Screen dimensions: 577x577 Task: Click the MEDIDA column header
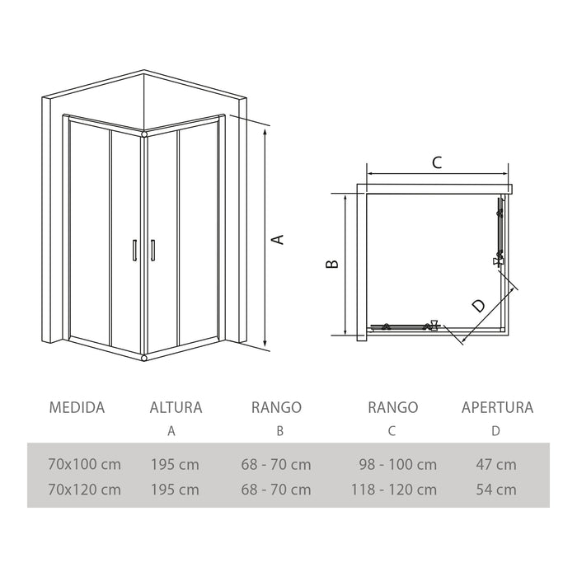coord(77,407)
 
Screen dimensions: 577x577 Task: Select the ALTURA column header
coord(176,407)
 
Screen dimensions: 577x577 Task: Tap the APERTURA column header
coord(498,407)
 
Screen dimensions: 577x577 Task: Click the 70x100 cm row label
coord(85,464)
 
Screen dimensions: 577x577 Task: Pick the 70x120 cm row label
coord(85,490)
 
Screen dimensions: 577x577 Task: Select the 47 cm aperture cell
coord(496,464)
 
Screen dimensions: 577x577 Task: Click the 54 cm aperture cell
coord(496,490)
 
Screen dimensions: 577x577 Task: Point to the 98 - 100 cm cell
coord(398,464)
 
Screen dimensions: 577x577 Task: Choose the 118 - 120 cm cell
coord(394,490)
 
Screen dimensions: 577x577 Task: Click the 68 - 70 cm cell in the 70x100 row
coord(276,464)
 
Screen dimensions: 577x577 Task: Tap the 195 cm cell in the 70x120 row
coord(175,490)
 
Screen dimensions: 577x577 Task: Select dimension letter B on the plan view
coord(332,264)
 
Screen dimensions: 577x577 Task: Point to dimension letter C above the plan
coord(437,162)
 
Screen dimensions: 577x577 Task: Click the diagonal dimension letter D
coord(478,306)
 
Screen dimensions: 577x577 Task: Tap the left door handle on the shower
coord(134,251)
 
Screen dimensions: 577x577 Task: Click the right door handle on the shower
coord(152,251)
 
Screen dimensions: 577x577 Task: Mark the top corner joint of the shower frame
coord(144,134)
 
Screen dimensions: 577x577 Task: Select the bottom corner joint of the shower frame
coord(144,357)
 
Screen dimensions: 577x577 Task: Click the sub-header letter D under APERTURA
coord(495,431)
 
